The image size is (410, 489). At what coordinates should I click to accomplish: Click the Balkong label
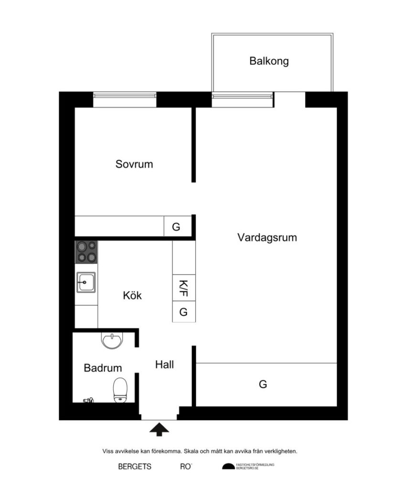tap(269, 61)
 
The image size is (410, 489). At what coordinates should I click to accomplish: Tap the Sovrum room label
tap(134, 164)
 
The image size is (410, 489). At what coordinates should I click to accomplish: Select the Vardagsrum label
tap(267, 237)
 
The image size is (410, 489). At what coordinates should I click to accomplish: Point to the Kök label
tap(132, 296)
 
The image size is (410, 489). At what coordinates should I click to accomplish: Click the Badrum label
tap(103, 368)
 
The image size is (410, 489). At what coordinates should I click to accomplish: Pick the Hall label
tap(164, 365)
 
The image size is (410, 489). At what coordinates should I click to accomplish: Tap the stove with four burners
tap(86, 252)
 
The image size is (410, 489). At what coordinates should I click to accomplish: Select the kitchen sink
tap(86, 282)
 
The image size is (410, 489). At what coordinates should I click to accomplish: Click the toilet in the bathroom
tap(120, 390)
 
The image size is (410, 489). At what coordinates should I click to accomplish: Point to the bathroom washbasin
tap(112, 340)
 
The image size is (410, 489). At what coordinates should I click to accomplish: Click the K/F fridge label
tap(183, 288)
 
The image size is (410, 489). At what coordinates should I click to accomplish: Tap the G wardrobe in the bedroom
tap(176, 227)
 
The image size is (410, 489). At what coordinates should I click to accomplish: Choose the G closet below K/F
tap(183, 312)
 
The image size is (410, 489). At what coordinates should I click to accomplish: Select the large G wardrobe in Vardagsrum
tap(263, 384)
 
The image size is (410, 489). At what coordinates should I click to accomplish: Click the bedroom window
tap(125, 99)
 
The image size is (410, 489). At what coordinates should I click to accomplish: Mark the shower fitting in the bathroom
tap(88, 400)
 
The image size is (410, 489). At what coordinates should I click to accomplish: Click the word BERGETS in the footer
tap(135, 467)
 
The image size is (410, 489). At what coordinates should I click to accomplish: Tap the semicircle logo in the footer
tap(228, 466)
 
